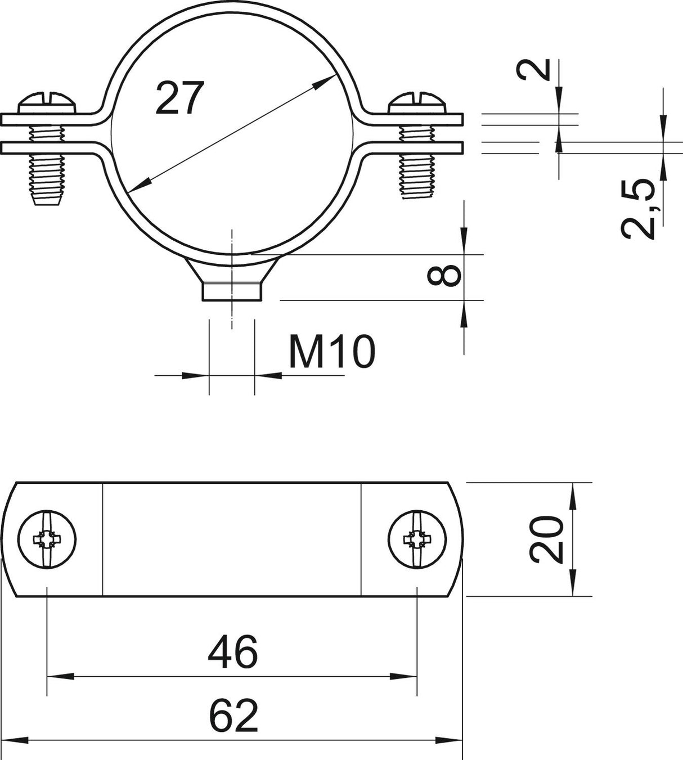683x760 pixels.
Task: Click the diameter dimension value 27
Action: click(180, 98)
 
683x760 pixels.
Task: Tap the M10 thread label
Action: click(332, 351)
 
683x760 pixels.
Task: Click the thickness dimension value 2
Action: click(533, 70)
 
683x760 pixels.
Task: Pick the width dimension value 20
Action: click(547, 539)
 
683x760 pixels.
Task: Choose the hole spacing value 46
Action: click(233, 651)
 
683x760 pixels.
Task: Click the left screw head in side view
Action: click(47, 102)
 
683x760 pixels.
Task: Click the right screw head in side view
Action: click(417, 102)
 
